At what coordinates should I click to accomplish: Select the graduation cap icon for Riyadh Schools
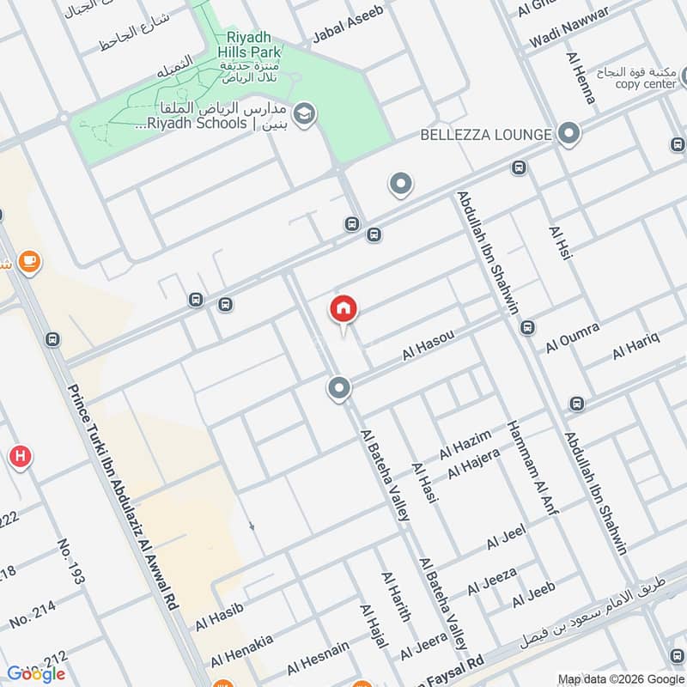tap(303, 112)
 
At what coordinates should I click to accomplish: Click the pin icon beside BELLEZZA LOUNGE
tap(567, 134)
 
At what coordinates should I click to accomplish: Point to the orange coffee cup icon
tap(29, 261)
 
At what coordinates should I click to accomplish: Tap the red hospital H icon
tap(20, 456)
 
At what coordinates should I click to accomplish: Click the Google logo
tap(36, 673)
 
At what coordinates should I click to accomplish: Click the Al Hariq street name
tap(635, 345)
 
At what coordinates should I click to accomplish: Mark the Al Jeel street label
tap(506, 538)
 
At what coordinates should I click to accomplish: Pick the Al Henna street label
tap(581, 78)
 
